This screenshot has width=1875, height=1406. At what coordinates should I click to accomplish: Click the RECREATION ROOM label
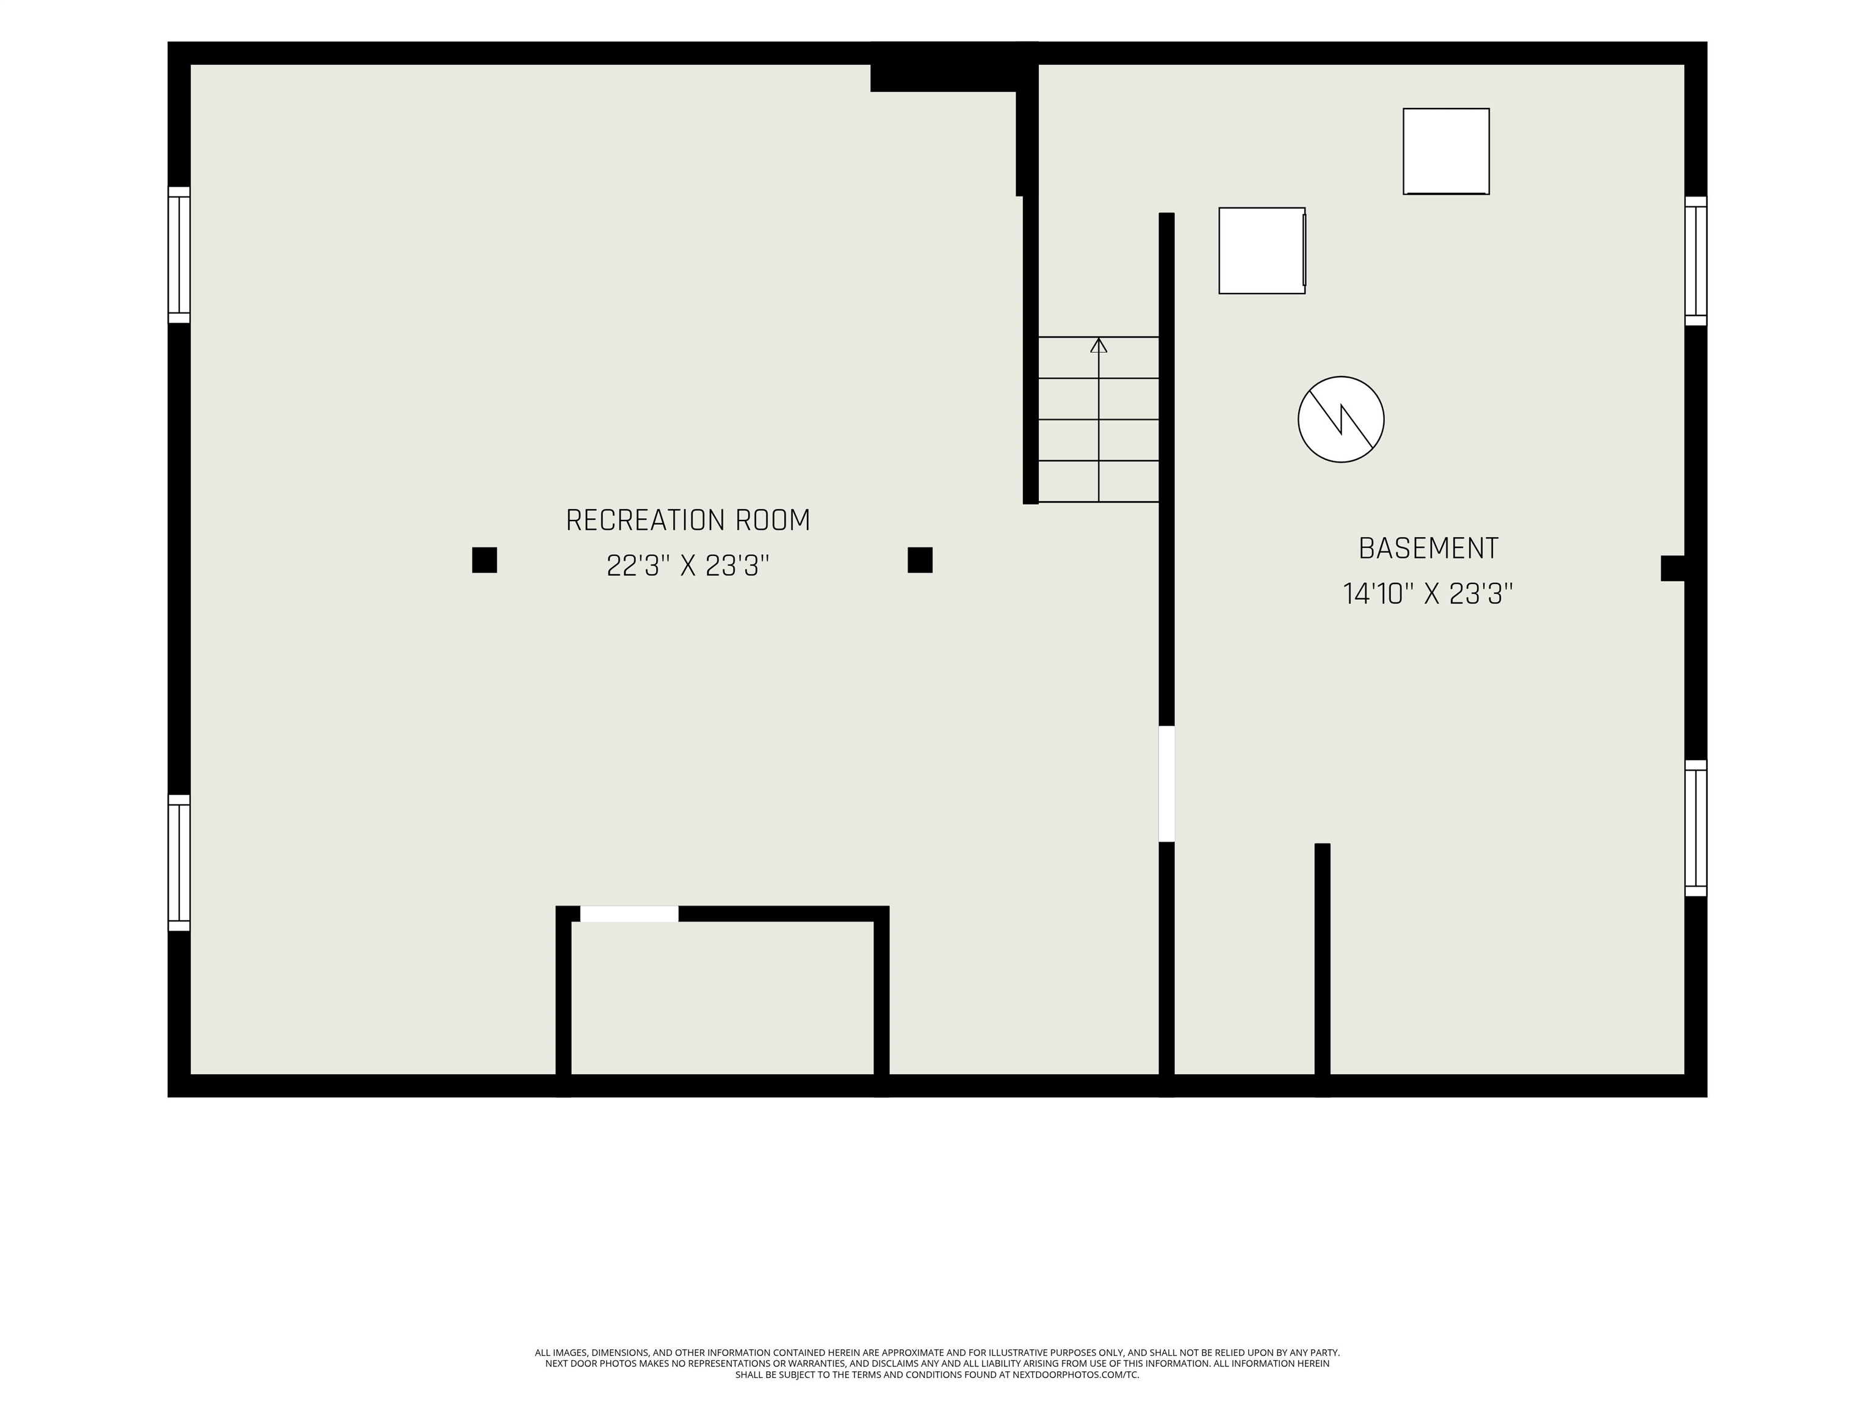[x=687, y=521]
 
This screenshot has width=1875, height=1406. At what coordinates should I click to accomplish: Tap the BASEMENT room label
[x=1428, y=549]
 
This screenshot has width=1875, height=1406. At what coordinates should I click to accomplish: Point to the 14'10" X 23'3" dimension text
[x=1428, y=593]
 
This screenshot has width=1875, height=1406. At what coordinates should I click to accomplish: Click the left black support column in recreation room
[x=484, y=560]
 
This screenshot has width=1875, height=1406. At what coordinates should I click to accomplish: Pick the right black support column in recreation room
[x=920, y=560]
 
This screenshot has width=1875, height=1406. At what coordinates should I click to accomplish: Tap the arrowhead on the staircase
[x=1099, y=345]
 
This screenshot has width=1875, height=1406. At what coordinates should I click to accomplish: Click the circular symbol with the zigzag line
[x=1341, y=419]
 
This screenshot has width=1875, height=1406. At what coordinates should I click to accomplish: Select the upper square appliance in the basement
[x=1446, y=152]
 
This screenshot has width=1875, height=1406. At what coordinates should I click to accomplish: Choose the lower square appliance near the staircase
[x=1262, y=251]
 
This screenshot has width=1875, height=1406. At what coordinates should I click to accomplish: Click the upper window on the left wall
[x=179, y=254]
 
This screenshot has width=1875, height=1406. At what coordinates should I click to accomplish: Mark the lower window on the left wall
[x=179, y=863]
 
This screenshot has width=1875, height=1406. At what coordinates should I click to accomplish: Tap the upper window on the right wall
[x=1696, y=261]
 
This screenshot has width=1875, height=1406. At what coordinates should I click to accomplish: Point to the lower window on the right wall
[x=1696, y=828]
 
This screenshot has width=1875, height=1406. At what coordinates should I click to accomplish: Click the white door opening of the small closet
[x=629, y=914]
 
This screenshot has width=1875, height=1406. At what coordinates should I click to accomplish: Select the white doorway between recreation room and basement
[x=1167, y=784]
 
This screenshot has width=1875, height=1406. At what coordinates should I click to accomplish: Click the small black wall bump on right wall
[x=1672, y=568]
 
